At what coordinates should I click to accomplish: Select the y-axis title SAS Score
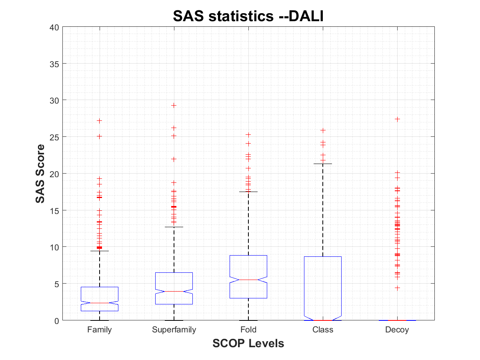[x=40, y=174]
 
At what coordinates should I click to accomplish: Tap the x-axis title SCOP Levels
[x=248, y=343]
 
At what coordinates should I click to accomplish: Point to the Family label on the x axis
[x=100, y=330]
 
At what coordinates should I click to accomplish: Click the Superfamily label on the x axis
[x=174, y=330]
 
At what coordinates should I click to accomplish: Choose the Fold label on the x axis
[x=248, y=330]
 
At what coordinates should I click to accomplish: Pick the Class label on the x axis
[x=323, y=330]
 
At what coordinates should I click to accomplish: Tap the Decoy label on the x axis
[x=397, y=330]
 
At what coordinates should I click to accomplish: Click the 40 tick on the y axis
[x=55, y=27]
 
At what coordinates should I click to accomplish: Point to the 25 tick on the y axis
[x=55, y=137]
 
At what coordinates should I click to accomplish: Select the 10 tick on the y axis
[x=55, y=247]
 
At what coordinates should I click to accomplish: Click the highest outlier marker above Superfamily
[x=174, y=106]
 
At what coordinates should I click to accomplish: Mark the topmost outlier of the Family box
[x=100, y=121]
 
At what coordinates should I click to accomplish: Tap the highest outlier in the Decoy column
[x=397, y=119]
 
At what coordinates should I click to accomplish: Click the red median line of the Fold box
[x=248, y=280]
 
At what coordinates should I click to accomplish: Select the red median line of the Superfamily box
[x=174, y=291]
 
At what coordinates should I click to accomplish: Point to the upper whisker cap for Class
[x=323, y=164]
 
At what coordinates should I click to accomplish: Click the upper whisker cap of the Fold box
[x=248, y=192]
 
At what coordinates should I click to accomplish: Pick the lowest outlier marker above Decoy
[x=397, y=288]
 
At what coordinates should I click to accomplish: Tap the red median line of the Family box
[x=100, y=303]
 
